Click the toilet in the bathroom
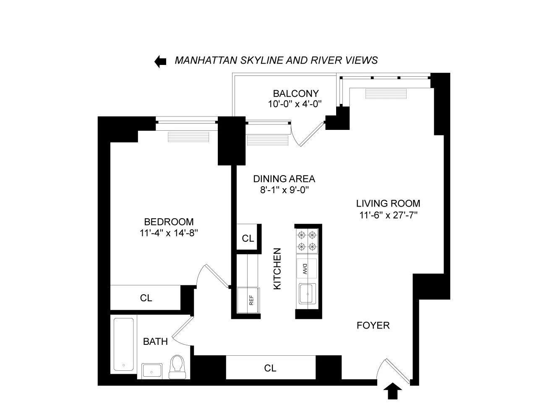(x=177, y=364)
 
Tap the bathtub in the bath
(x=124, y=344)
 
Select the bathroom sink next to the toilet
(x=151, y=370)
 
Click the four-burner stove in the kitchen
(x=307, y=241)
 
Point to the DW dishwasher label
(x=305, y=268)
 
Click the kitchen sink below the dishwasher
(x=308, y=294)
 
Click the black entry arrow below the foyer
(x=393, y=391)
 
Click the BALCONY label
(x=295, y=93)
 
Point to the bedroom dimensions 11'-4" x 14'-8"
(x=169, y=233)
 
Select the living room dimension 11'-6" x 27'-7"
(x=388, y=215)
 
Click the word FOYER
(x=373, y=325)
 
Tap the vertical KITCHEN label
(x=277, y=269)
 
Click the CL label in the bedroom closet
(x=146, y=298)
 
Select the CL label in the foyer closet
(x=270, y=368)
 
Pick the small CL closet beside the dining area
(x=248, y=238)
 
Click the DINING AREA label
(x=284, y=179)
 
